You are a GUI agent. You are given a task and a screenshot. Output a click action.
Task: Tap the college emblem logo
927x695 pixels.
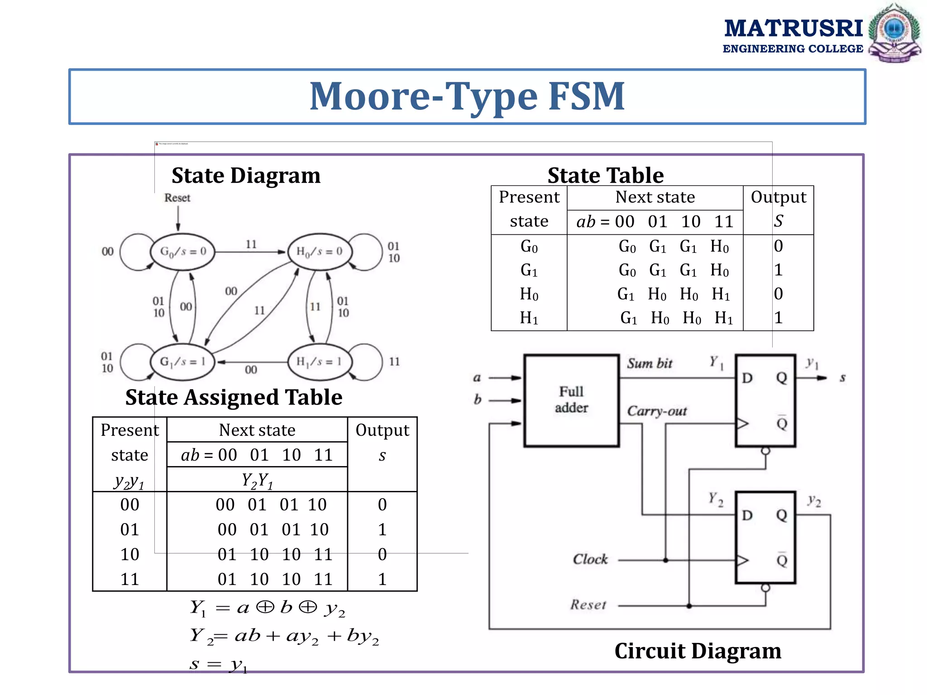[894, 33]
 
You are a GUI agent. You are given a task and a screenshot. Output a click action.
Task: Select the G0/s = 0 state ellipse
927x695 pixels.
[182, 252]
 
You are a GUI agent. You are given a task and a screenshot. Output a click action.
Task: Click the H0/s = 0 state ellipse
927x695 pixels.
[319, 252]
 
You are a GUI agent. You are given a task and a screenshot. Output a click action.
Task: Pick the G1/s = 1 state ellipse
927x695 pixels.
[182, 362]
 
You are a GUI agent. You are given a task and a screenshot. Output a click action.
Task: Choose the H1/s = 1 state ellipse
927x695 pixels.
[319, 362]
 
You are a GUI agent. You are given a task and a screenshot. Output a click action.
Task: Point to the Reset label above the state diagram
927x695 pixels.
[177, 198]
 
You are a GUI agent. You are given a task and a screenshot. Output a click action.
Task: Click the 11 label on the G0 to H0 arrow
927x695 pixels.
[251, 244]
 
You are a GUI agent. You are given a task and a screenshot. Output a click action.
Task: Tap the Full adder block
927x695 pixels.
[571, 400]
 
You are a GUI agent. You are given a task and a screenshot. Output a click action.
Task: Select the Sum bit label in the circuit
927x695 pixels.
[650, 363]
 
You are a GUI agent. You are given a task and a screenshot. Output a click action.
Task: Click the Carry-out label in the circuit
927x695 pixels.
[657, 411]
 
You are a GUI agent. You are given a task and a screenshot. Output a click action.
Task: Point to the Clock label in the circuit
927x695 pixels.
[590, 559]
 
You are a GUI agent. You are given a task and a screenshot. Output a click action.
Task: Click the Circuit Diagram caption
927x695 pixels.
[698, 651]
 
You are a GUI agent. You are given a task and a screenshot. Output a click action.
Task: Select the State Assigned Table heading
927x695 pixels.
[234, 397]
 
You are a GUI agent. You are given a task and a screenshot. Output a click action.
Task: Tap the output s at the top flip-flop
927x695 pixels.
[842, 378]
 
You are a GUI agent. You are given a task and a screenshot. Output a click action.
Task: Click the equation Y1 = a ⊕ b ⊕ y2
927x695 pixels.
[267, 608]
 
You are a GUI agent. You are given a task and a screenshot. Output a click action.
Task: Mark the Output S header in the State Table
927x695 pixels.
[778, 209]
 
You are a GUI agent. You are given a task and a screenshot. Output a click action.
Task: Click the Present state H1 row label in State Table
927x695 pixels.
[529, 318]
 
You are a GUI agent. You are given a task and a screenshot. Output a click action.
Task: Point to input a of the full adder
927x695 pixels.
[477, 378]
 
